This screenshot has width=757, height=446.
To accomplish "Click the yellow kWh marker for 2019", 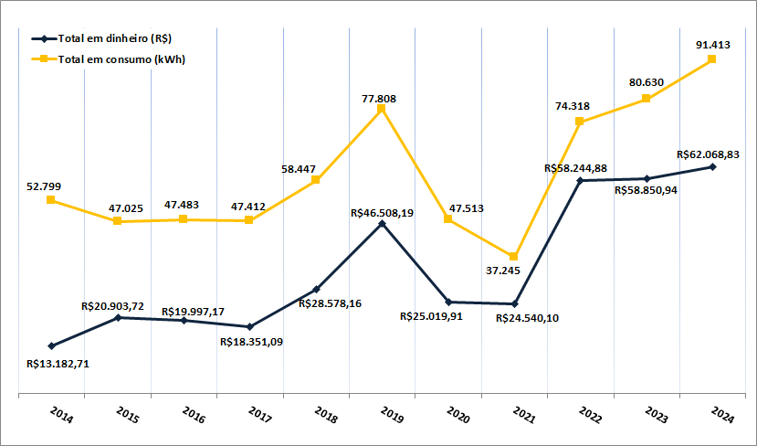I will tap(382, 109).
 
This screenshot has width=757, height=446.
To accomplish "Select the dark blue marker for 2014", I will tap(52, 345).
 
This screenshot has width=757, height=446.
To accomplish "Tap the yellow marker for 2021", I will tap(514, 256).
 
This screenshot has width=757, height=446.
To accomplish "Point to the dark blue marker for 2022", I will tap(581, 181).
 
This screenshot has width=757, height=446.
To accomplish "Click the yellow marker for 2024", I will tap(712, 59).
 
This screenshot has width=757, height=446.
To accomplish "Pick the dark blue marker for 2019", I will tap(383, 222).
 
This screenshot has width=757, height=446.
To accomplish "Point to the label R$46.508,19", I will tap(382, 212).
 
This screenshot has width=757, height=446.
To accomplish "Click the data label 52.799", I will tap(44, 186).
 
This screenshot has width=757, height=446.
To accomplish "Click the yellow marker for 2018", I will tap(316, 180).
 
